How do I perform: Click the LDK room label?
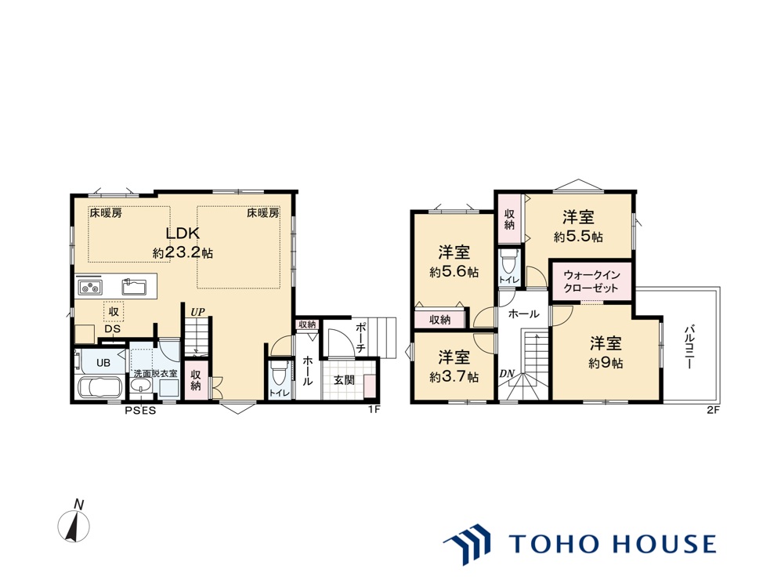coord(183,234)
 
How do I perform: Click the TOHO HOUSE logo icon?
coord(467,544)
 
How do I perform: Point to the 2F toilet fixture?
coord(508,263)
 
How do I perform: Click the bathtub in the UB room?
coord(101,387)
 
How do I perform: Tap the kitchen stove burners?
coord(90,287)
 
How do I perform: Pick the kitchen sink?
coord(134,287)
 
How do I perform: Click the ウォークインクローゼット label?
coord(591,281)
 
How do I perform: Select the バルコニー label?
coord(689,347)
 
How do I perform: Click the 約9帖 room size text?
coord(606,364)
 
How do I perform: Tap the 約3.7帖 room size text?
coord(454,377)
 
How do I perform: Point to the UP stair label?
coord(197,313)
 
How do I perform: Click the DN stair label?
coord(507,374)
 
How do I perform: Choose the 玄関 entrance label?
coord(344,379)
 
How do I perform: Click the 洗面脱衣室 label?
coord(155,373)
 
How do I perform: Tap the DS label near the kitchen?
coord(112,329)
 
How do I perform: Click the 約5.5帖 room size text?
coord(578,237)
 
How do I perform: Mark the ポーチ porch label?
coord(360,339)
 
